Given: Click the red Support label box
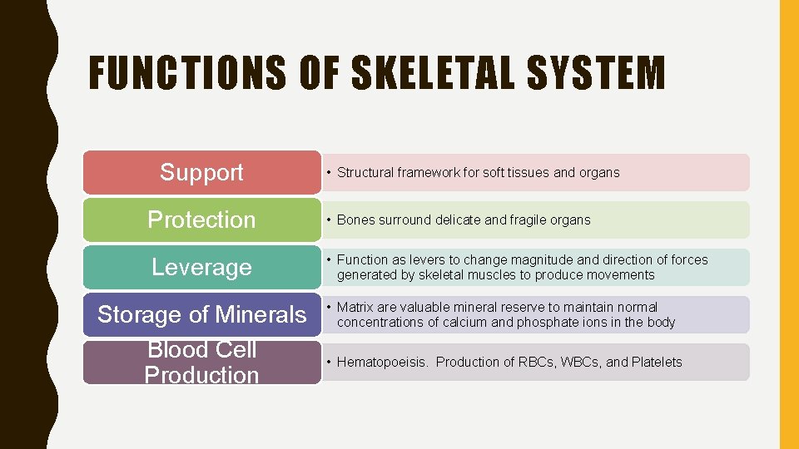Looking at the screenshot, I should (201, 172).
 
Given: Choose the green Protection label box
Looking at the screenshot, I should (201, 220).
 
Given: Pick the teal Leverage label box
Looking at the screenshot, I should (201, 267).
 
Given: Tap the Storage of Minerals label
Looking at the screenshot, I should (201, 314).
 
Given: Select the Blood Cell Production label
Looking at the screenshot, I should (201, 363).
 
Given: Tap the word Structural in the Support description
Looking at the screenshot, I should (366, 173).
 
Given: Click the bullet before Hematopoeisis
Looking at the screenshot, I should (329, 363).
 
